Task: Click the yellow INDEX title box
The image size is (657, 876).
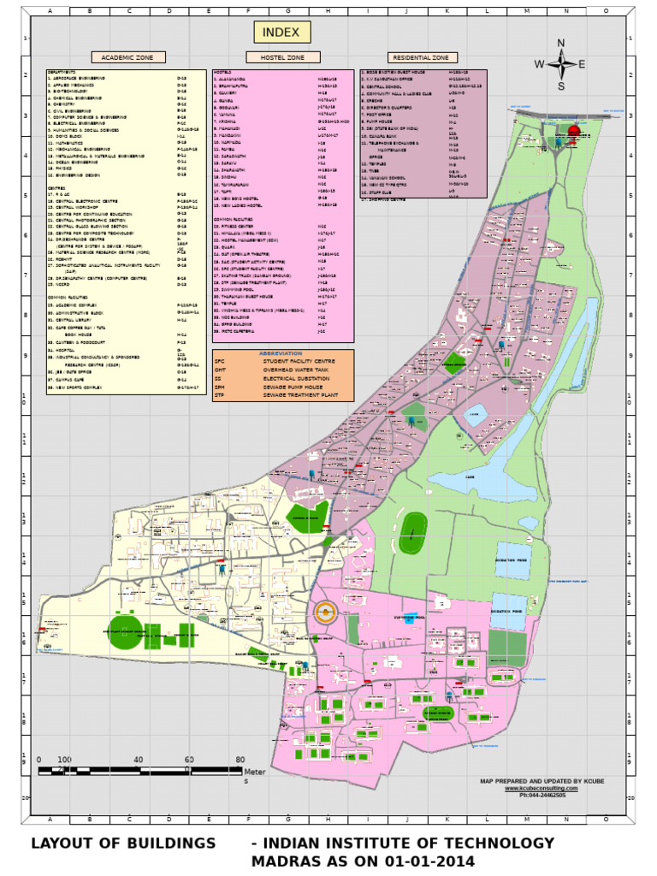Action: point(281,33)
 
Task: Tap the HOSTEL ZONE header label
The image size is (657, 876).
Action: point(275,57)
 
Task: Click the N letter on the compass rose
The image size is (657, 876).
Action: point(561,44)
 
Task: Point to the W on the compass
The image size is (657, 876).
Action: point(540,64)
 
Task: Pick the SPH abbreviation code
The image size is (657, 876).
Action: point(219,387)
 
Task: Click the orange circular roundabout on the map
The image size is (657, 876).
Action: point(324,612)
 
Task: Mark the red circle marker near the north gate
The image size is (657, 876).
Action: point(573,131)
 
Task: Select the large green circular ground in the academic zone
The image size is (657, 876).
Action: point(126,631)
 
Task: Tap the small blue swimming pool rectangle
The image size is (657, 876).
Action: point(410,617)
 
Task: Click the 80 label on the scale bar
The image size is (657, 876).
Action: point(240,760)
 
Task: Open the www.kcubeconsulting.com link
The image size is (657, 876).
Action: point(535,789)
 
